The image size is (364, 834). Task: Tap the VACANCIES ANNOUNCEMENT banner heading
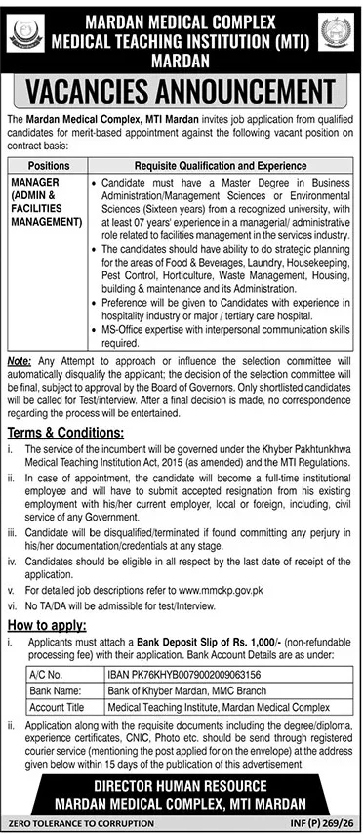pos(182,92)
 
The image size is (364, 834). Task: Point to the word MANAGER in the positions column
pos(35,182)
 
